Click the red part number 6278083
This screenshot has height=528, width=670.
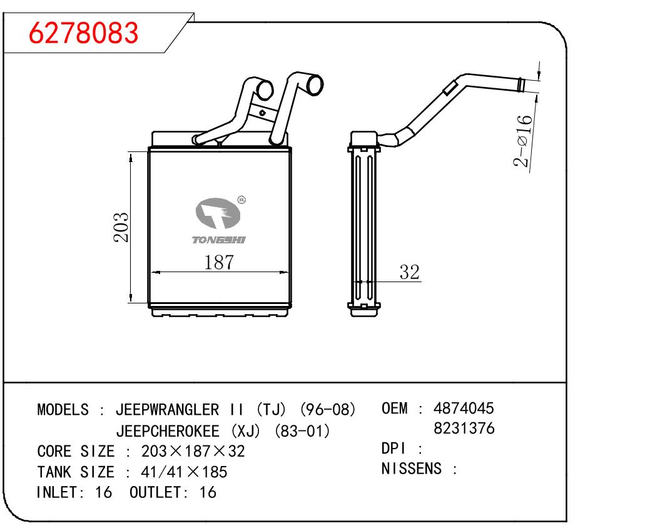[83, 33]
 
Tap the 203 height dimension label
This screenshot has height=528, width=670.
[121, 227]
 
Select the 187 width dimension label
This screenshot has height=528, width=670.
[219, 262]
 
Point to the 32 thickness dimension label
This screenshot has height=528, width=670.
[409, 272]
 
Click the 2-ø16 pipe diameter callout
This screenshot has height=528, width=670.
[523, 141]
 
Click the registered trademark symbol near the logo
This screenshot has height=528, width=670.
[241, 200]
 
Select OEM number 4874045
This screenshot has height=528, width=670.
[464, 409]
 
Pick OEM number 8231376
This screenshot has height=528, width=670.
[464, 429]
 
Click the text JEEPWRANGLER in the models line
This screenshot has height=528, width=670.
[167, 410]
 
